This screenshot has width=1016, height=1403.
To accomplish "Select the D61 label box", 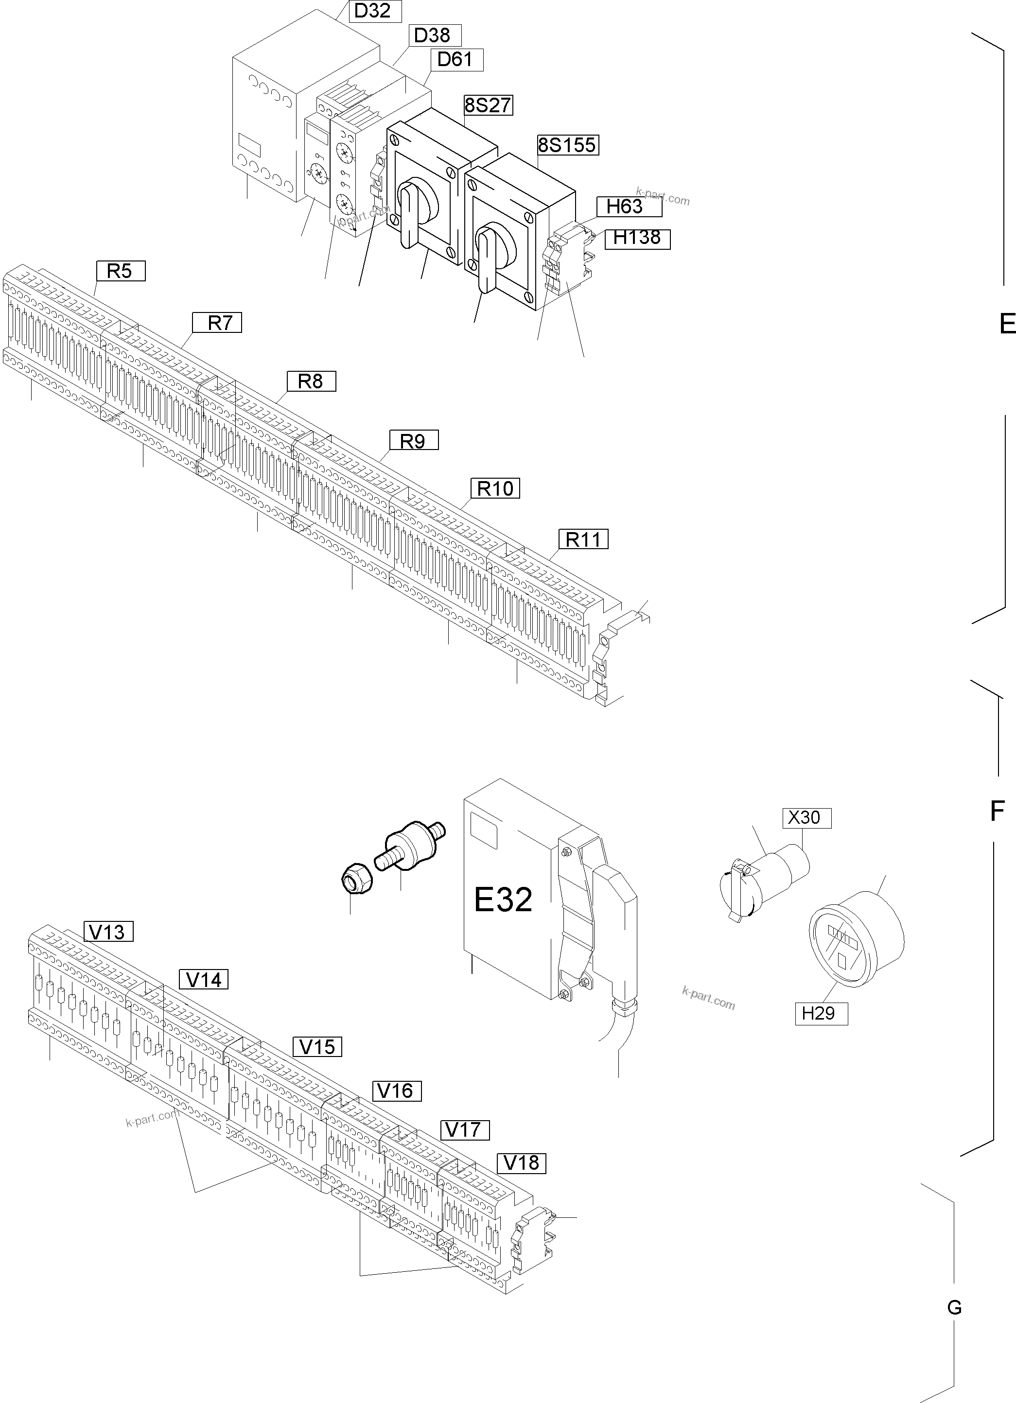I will (456, 60).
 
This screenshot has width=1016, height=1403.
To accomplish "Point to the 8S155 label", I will (567, 145).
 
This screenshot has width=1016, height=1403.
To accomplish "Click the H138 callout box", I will (637, 238).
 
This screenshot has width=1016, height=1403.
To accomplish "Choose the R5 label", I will (120, 271).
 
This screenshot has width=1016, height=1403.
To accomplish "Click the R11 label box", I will (583, 539).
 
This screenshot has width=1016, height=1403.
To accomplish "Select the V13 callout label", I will (107, 932).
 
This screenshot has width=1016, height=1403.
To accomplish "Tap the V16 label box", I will (396, 1091).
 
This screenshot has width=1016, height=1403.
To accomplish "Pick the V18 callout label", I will (521, 1162).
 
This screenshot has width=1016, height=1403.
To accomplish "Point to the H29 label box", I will (821, 1013).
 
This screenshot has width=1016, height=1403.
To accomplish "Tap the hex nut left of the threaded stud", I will (357, 879).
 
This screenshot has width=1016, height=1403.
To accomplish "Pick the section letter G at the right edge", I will (954, 1308).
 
